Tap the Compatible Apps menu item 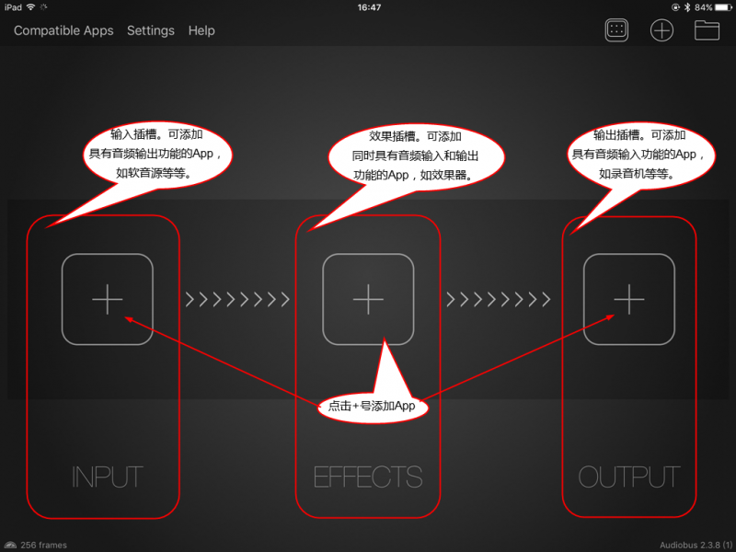[63, 30]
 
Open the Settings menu [151, 30]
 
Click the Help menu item [201, 30]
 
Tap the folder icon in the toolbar [707, 30]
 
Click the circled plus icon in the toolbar [661, 30]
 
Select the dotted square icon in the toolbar [616, 30]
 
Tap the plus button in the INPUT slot [108, 299]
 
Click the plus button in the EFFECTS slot [368, 299]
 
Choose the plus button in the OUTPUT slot [629, 299]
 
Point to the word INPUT [108, 477]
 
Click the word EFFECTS [368, 477]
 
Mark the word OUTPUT [629, 477]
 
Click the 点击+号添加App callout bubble [373, 406]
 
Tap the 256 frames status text [43, 545]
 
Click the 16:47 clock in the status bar [369, 7]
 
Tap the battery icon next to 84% [723, 7]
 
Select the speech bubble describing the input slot [157, 155]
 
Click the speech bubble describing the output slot [640, 155]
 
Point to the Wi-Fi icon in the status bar [31, 7]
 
